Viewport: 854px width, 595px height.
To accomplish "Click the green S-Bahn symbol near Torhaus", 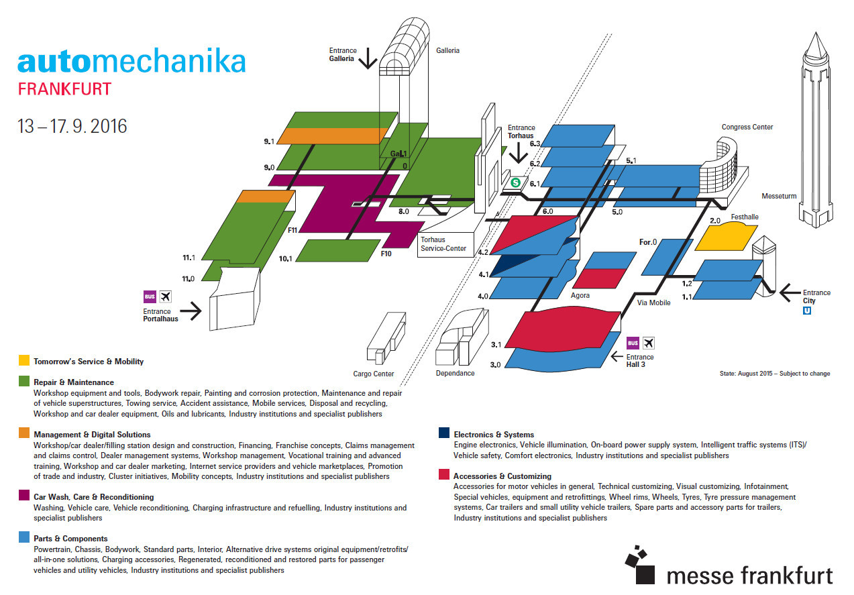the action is click(515, 182).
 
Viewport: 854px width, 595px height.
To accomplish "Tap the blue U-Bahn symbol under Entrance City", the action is click(807, 311).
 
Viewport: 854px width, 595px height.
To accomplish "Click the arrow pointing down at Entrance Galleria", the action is click(368, 58).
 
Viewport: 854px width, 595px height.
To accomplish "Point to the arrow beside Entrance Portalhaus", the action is click(191, 311).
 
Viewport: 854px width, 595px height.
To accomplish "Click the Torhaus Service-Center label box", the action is click(445, 245).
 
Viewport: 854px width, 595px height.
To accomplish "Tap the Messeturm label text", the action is click(779, 196).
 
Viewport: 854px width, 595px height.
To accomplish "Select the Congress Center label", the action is click(747, 127).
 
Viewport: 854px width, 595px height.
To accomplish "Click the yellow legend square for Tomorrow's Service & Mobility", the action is click(24, 360).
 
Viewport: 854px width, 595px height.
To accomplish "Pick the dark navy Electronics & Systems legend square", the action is click(444, 433).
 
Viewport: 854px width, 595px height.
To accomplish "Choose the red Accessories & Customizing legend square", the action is click(444, 474).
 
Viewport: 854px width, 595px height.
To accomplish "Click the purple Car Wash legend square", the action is click(24, 495).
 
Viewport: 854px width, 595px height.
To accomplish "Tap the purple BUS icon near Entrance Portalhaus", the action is click(150, 296).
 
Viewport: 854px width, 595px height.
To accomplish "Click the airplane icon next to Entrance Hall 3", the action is click(649, 343).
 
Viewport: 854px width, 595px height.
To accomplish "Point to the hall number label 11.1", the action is click(189, 258).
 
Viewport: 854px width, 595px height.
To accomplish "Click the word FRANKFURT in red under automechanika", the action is click(64, 89).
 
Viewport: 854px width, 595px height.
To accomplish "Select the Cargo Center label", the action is click(373, 374).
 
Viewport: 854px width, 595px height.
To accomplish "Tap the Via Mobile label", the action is click(653, 303).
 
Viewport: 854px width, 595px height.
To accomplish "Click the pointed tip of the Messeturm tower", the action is click(816, 33).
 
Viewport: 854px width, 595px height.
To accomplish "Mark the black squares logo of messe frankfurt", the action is click(640, 565).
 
